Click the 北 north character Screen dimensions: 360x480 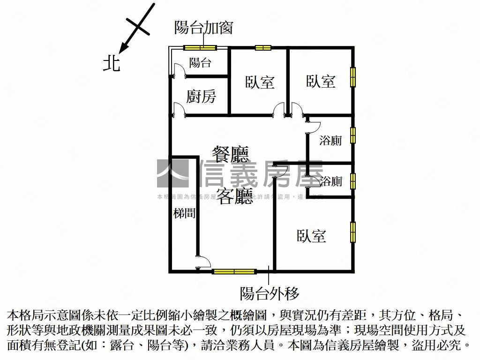[112, 62]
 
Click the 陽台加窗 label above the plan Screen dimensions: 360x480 [203, 28]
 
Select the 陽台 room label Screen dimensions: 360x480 [200, 63]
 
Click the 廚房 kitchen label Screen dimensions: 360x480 [201, 97]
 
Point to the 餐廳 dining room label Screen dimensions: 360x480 [230, 154]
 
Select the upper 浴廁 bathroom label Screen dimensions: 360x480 [330, 140]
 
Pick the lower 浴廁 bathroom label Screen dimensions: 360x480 [331, 181]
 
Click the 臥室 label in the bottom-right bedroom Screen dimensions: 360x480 [311, 236]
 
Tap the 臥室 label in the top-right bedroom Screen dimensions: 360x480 [321, 81]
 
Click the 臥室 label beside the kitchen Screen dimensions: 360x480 [260, 82]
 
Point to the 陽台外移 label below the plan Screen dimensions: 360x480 [270, 293]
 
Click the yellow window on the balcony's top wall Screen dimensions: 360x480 [200, 47]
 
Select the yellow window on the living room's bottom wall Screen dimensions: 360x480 [234, 271]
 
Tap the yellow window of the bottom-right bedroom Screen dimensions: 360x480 [353, 232]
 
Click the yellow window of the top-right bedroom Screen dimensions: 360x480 [353, 77]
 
